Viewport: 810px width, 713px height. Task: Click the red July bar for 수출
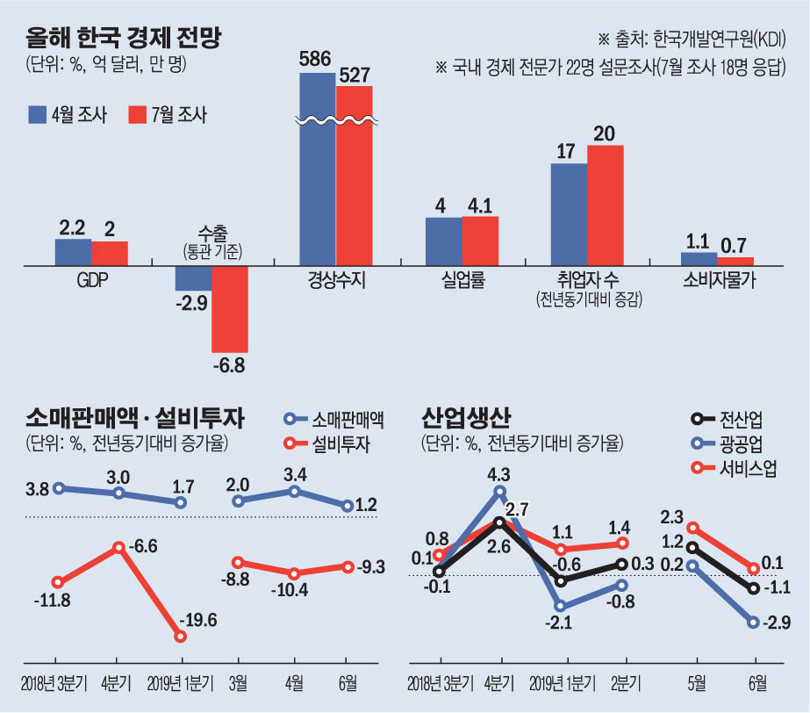(x=230, y=309)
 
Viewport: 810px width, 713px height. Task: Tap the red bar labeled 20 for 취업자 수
(x=605, y=204)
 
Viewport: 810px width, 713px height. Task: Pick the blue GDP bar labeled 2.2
(x=73, y=252)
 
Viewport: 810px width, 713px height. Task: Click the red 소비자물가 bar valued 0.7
(x=735, y=261)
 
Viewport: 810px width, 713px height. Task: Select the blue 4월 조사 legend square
(x=37, y=115)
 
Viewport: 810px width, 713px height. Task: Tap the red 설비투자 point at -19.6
(x=182, y=636)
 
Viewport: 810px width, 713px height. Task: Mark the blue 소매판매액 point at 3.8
(x=59, y=488)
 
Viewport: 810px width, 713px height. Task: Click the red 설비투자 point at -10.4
(x=294, y=573)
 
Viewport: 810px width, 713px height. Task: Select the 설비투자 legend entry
(x=327, y=443)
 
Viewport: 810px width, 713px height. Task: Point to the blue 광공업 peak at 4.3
(x=499, y=491)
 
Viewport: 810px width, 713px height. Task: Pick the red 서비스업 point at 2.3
(x=693, y=529)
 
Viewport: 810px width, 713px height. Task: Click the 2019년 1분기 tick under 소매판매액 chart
(x=182, y=681)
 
